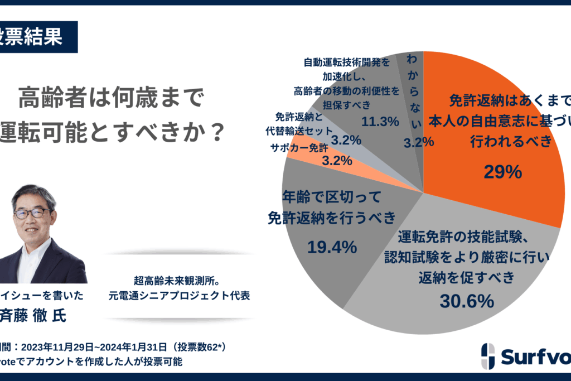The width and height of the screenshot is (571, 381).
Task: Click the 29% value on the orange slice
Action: point(503,172)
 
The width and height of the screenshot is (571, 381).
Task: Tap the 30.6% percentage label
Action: point(467,301)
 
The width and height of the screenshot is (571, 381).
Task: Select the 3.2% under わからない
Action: point(419,142)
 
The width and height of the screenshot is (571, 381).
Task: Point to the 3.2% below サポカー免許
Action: point(337,161)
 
